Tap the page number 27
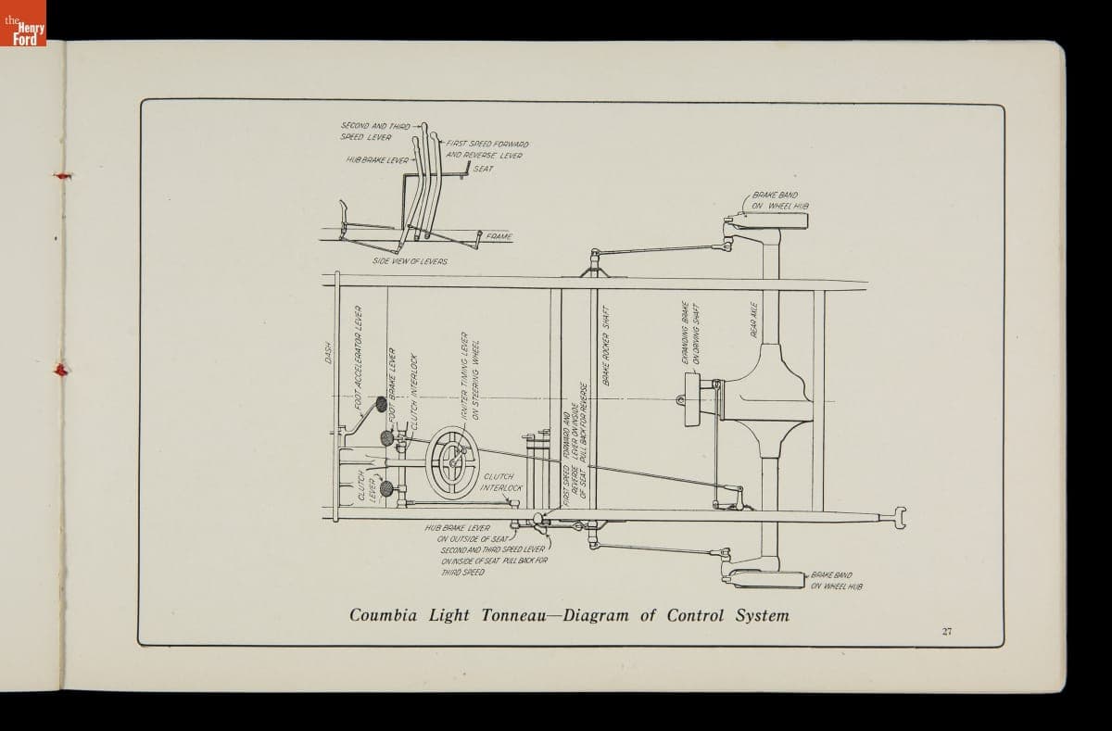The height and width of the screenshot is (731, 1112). pyautogui.click(x=946, y=631)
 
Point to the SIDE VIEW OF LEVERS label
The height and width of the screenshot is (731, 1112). pyautogui.click(x=410, y=261)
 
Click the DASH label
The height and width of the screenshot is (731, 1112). pyautogui.click(x=328, y=353)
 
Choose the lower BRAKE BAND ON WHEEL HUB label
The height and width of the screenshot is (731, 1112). pyautogui.click(x=836, y=580)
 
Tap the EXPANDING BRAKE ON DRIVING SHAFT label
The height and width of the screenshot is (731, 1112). pyautogui.click(x=690, y=333)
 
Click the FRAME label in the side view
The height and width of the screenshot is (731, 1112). pyautogui.click(x=499, y=237)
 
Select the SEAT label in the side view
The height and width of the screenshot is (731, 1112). pyautogui.click(x=483, y=169)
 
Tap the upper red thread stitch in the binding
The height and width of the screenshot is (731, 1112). pyautogui.click(x=62, y=175)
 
